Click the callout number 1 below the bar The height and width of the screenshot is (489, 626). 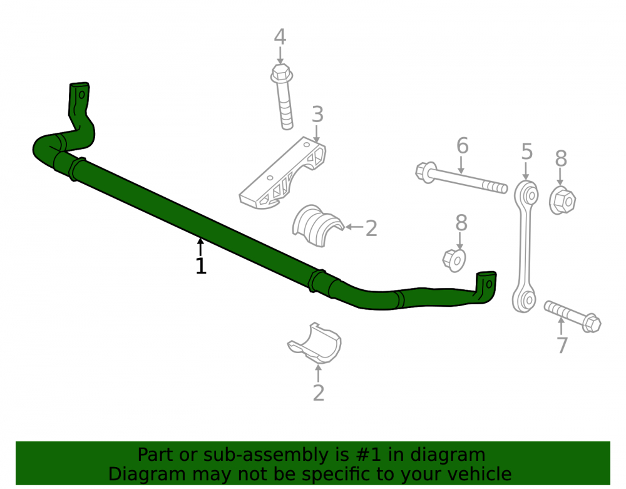click(201, 265)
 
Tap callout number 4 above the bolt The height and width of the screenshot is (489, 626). click(280, 37)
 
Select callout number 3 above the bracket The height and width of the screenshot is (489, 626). click(317, 114)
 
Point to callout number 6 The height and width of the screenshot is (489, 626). click(463, 145)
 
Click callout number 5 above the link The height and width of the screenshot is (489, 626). click(527, 152)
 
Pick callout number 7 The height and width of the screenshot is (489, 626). click(562, 345)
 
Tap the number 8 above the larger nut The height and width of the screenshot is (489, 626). click(561, 158)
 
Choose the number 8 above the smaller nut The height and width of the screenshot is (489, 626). click(461, 223)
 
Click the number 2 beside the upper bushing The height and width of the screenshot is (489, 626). click(371, 229)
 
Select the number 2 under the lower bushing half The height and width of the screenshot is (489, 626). click(318, 393)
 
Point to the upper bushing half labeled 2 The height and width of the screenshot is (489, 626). click(317, 225)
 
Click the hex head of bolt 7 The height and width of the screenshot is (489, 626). click(591, 322)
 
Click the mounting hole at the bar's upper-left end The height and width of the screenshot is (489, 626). click(82, 95)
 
